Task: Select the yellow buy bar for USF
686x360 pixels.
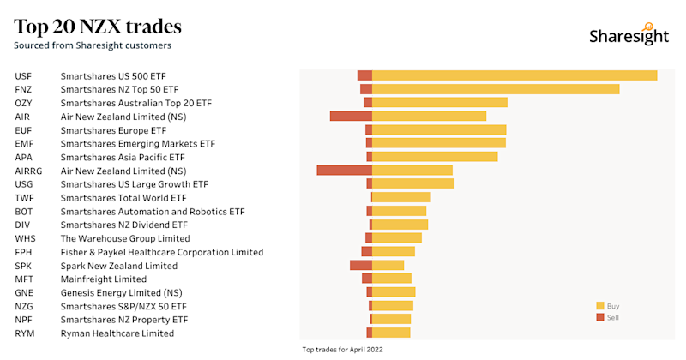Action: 514,75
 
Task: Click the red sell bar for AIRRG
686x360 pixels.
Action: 344,171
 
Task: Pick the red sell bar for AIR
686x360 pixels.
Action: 351,116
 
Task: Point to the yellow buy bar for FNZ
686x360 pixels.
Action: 496,89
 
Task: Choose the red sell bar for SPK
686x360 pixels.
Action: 361,266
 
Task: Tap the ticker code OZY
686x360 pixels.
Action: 23,103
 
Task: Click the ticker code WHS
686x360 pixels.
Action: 24,238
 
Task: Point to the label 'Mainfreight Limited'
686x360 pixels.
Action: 103,279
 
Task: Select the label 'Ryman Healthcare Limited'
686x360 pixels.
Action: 117,333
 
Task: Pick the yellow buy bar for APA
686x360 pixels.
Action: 435,157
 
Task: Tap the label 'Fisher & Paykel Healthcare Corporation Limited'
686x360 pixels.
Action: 161,252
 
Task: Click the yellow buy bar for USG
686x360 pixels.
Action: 412,183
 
